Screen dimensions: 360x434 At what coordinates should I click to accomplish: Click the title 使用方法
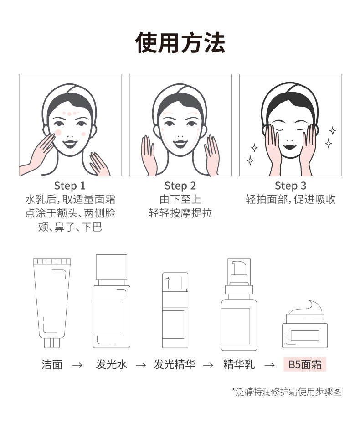tap(180, 43)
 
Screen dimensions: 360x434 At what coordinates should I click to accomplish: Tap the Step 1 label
tap(70, 186)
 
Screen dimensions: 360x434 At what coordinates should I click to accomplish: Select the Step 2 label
tap(180, 186)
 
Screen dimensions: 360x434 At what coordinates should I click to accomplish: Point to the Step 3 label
tap(291, 186)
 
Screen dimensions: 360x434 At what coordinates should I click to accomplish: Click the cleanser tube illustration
tap(52, 303)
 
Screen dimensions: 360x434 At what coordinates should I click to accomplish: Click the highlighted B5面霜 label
tap(305, 364)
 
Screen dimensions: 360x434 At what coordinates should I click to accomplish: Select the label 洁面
tap(52, 364)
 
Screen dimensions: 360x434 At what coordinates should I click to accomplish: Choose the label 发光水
tap(111, 364)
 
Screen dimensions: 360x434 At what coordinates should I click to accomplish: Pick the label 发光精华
tap(175, 364)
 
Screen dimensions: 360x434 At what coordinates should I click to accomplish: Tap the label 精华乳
tap(239, 364)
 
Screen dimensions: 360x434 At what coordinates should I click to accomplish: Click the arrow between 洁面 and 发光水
tap(77, 365)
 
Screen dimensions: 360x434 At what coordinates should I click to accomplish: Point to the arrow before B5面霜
tap(269, 365)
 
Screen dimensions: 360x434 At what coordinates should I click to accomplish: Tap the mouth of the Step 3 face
tap(290, 146)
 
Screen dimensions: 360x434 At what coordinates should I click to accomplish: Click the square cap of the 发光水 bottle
tap(112, 267)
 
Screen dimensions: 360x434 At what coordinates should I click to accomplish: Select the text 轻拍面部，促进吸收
tap(291, 199)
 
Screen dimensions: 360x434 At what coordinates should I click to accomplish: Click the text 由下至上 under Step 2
tap(180, 199)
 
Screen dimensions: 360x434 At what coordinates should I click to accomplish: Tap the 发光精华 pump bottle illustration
tap(175, 310)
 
